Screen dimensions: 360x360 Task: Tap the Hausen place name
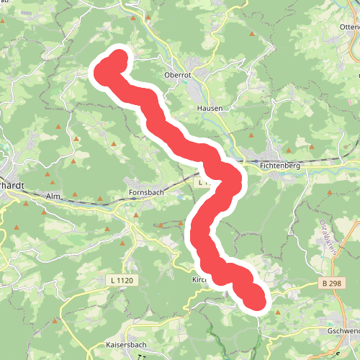(210, 108)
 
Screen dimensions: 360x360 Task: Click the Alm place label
(53, 196)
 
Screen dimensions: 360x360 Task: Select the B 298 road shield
(332, 284)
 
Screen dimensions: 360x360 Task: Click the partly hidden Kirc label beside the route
(199, 279)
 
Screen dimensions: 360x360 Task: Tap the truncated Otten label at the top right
(348, 27)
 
